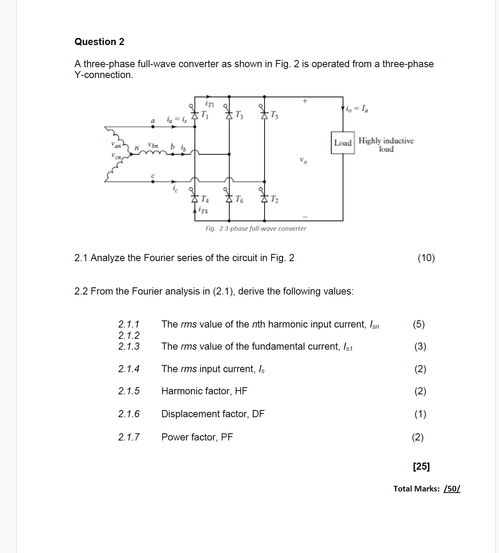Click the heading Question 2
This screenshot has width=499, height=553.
(99, 42)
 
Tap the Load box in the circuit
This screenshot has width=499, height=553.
(343, 143)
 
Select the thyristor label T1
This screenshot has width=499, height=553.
(204, 114)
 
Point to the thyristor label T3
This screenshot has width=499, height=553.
(239, 115)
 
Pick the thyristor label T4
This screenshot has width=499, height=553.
(204, 199)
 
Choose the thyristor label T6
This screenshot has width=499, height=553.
(239, 199)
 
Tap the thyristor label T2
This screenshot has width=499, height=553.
(275, 199)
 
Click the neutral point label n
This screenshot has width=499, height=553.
(137, 148)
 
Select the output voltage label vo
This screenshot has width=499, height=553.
(303, 160)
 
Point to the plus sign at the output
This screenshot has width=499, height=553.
(305, 101)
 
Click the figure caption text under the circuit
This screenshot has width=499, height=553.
(256, 228)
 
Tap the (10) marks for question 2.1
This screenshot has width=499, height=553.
(426, 258)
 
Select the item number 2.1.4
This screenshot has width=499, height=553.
(129, 369)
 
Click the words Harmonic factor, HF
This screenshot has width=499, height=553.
(204, 391)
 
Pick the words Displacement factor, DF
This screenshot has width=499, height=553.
(213, 414)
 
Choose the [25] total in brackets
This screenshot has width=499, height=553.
(421, 466)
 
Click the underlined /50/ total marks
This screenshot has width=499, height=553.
(452, 489)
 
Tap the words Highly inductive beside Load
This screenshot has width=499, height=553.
(386, 141)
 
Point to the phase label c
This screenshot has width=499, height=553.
(153, 176)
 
